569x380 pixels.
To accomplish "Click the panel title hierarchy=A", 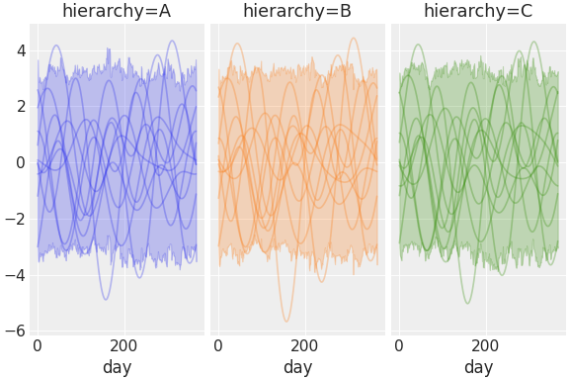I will [117, 12].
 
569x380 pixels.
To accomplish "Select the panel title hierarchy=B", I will [297, 12].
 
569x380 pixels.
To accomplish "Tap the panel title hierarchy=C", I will [478, 12].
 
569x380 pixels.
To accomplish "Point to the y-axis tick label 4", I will [21, 50].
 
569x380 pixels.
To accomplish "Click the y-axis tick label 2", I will [21, 107].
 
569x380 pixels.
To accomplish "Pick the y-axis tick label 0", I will [21, 162].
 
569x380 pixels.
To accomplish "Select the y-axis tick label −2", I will [17, 219].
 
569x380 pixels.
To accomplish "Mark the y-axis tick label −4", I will [17, 275].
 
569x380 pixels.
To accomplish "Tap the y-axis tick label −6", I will [17, 331].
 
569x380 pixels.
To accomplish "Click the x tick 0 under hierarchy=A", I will [38, 346].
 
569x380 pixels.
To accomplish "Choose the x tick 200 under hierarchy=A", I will [123, 346].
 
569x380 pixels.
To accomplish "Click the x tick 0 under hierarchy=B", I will [218, 346].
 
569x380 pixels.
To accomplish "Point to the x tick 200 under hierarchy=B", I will [304, 346].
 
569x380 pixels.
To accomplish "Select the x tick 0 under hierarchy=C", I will [399, 346].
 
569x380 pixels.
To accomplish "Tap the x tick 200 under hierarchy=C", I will [485, 346].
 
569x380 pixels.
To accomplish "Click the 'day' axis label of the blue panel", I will [117, 367].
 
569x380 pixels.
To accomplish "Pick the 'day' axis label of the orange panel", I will [297, 367].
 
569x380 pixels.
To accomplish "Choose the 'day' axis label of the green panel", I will [478, 367].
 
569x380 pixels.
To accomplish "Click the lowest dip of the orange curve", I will [286, 321].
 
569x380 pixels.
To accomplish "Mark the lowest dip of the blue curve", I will [106, 299].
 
